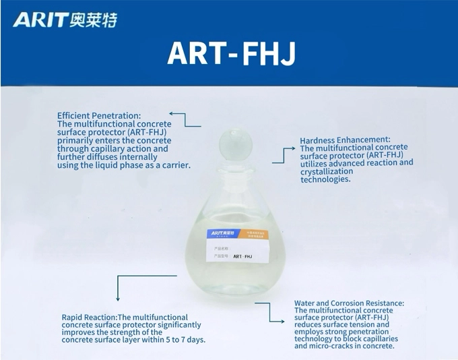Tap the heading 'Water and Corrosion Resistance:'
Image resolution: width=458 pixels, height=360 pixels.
349,303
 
